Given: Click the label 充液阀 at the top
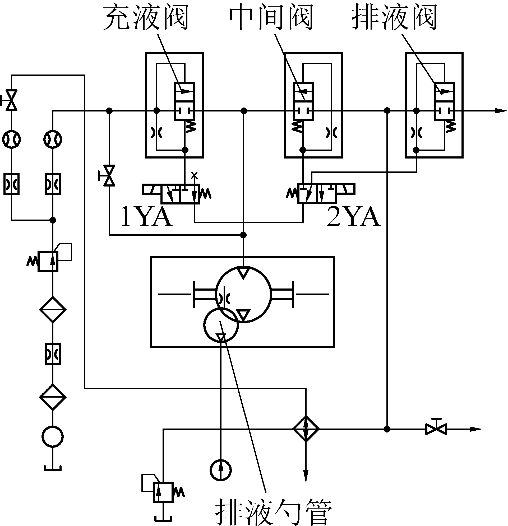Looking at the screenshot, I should (x=146, y=18).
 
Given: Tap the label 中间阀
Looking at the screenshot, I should (x=271, y=18).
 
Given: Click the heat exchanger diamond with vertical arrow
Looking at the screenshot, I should (x=306, y=429).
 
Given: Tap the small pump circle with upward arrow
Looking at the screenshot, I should (x=220, y=470).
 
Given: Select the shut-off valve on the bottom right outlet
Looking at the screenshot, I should (x=436, y=429).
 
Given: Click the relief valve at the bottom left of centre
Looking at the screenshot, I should (x=163, y=492).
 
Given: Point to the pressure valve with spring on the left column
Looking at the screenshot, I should (x=48, y=261).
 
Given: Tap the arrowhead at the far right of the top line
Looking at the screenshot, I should (x=501, y=111).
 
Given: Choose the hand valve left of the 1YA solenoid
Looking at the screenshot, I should (x=109, y=175).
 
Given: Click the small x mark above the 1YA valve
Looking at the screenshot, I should (x=194, y=175).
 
